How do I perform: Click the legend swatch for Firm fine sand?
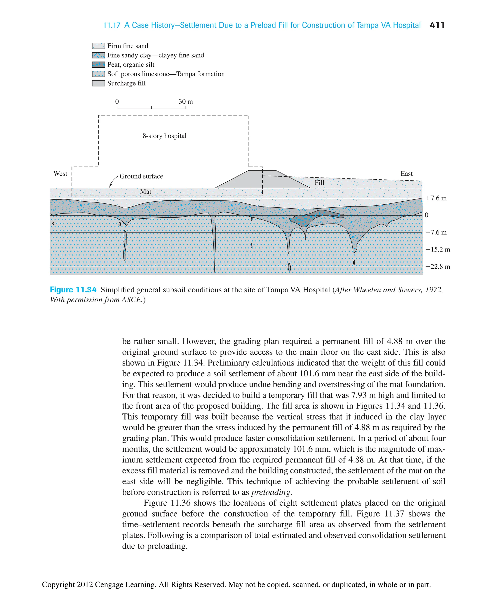point(98,46)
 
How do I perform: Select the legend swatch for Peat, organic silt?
point(98,64)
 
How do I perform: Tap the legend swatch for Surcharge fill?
point(98,83)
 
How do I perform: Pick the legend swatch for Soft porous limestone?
point(98,74)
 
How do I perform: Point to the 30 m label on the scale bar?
point(186,101)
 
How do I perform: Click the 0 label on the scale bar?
point(117,101)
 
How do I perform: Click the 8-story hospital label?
point(164,136)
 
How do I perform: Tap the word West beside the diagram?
point(60,173)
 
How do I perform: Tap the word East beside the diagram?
point(406,173)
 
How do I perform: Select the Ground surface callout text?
point(141,176)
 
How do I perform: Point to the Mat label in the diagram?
point(145,192)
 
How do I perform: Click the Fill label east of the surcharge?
point(319,182)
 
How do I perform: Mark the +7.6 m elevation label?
point(436,198)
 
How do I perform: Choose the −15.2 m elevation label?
point(438,249)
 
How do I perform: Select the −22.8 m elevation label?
point(438,266)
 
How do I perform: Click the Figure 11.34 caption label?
point(73,290)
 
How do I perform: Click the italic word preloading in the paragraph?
point(271,492)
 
